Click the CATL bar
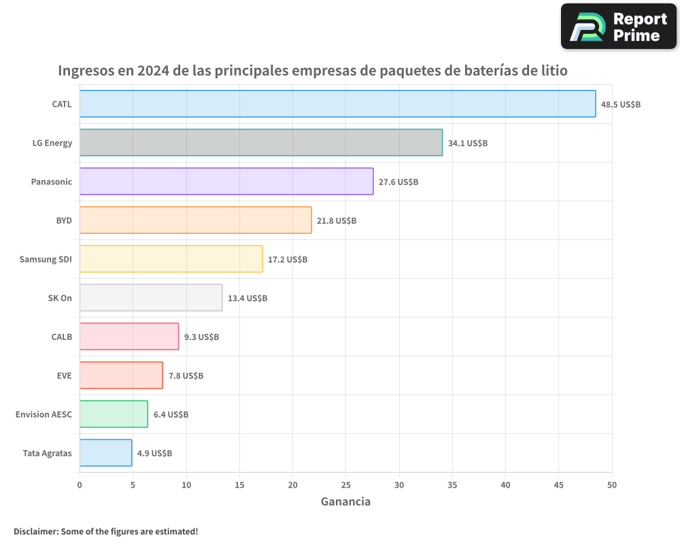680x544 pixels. [x=337, y=104]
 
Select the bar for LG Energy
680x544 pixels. [x=261, y=143]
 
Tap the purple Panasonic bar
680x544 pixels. [x=226, y=182]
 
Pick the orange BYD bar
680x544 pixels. [x=196, y=220]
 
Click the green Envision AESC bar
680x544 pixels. [x=114, y=414]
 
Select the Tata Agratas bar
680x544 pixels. [x=105, y=453]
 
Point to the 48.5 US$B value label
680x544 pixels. [x=620, y=105]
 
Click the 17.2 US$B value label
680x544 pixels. [x=288, y=260]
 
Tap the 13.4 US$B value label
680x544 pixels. [x=248, y=299]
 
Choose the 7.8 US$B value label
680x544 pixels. [x=186, y=376]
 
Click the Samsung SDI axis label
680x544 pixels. [x=46, y=259]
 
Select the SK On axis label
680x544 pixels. [x=60, y=298]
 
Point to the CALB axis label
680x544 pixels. [x=61, y=337]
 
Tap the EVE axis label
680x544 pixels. [x=64, y=375]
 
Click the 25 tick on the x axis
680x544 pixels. [x=345, y=485]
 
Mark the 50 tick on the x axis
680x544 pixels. [x=611, y=485]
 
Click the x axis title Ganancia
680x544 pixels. [x=345, y=502]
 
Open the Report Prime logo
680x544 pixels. [x=618, y=27]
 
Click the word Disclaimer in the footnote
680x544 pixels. [x=35, y=531]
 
